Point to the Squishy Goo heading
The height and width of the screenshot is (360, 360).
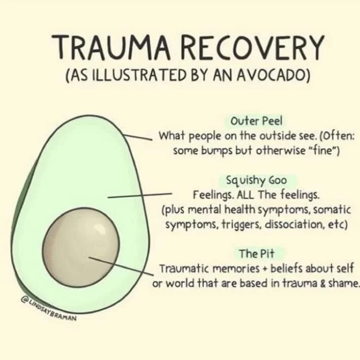coord(259,180)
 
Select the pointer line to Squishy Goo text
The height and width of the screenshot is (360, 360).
coord(140,195)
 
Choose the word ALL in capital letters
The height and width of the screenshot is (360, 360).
coord(252,195)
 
